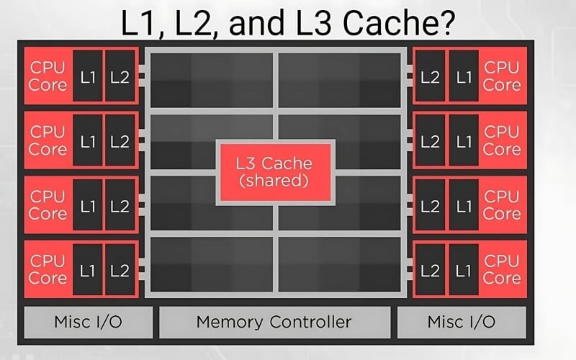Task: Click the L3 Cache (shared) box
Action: [x=274, y=171]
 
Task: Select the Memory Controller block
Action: [x=274, y=321]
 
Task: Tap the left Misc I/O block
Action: [x=89, y=321]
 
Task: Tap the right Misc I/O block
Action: [x=462, y=321]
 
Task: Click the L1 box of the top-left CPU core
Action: [x=88, y=76]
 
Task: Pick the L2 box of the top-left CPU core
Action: [x=120, y=76]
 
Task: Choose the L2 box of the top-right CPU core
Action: [x=430, y=76]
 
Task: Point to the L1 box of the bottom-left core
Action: [x=88, y=270]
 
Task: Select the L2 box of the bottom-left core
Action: [x=120, y=270]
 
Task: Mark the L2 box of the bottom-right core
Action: [x=430, y=270]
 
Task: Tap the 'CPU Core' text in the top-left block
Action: [x=48, y=76]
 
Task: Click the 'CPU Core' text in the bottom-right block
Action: [x=502, y=270]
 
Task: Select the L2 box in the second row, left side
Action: [x=120, y=141]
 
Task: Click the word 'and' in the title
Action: [x=255, y=23]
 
